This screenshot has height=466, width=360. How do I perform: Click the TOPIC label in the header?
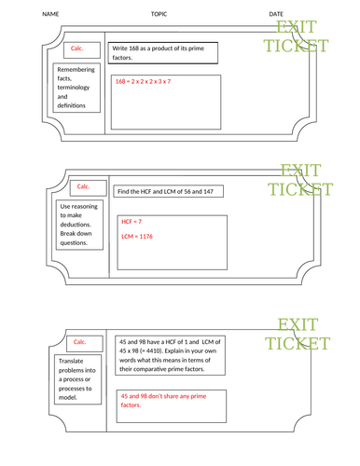point(159,14)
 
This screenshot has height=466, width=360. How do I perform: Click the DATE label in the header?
point(276,14)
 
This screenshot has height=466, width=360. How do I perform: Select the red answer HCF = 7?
point(131,222)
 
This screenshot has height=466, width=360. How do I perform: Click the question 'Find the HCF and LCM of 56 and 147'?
point(170,191)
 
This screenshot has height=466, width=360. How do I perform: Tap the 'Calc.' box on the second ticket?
point(83,185)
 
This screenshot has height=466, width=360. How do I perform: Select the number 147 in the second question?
point(213,191)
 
